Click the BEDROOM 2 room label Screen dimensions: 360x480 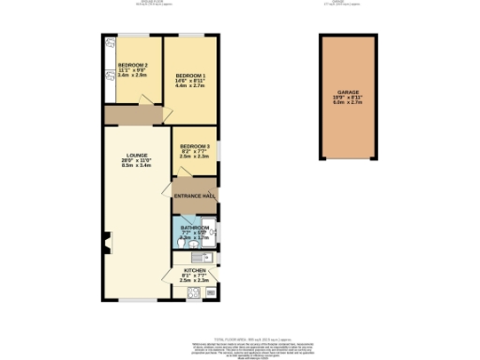coord(133,65)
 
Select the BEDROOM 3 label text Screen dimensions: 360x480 coord(195,146)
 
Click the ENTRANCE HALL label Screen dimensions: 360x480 coord(195,195)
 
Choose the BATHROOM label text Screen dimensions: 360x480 coord(195,227)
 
